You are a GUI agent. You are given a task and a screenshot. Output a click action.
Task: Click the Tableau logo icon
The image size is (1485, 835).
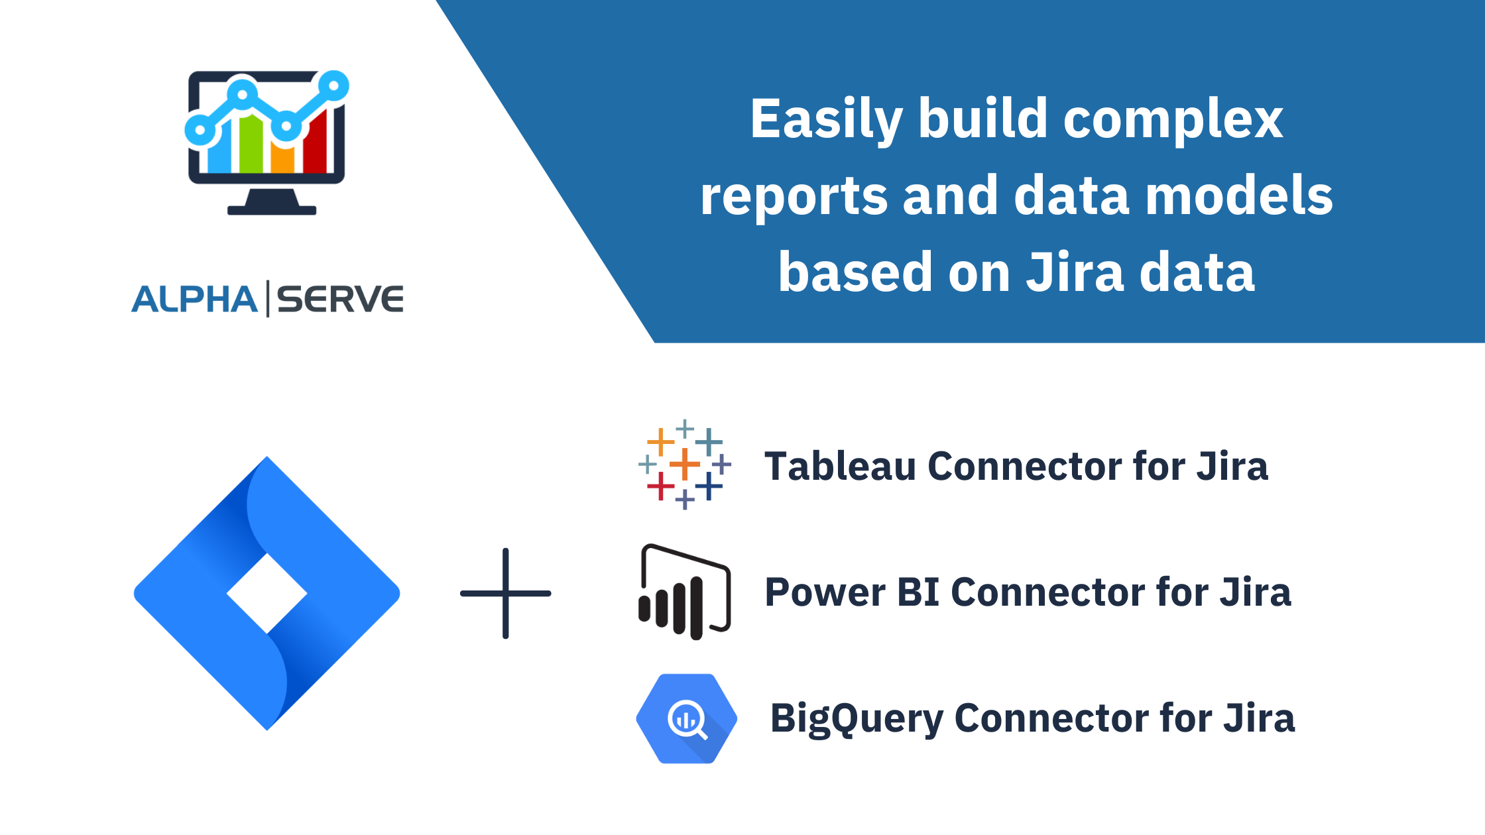point(685,464)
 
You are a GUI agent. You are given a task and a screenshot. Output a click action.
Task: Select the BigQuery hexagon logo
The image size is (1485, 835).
point(686,718)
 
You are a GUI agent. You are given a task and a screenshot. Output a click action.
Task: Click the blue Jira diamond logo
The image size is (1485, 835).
point(267,593)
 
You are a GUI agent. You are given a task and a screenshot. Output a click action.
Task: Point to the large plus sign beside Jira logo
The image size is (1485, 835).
point(506,593)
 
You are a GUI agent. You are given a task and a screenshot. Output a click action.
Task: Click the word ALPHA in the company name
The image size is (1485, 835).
point(194,299)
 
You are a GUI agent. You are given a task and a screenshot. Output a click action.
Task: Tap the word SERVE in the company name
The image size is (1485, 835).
point(340,299)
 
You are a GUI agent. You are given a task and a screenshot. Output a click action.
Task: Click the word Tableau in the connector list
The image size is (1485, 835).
point(839,466)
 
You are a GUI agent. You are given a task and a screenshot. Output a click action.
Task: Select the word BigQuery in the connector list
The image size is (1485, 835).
point(855,718)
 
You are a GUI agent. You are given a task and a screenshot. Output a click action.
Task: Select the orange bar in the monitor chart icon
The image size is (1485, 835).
point(282,158)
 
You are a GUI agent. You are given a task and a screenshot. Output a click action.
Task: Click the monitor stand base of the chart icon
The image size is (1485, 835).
point(272,210)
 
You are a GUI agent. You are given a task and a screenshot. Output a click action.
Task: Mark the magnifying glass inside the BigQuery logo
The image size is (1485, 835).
point(687,720)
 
